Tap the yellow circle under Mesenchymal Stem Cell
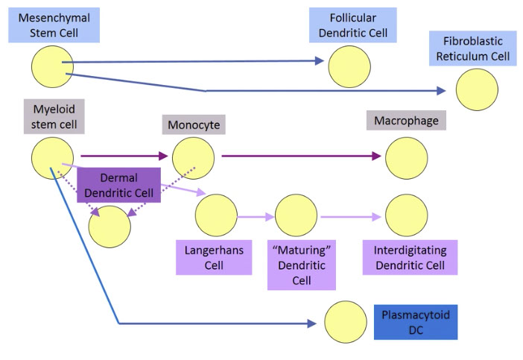point(53,66)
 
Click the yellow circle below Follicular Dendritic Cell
point(349,66)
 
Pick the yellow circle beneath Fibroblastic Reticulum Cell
point(477,89)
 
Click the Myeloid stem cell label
point(53,116)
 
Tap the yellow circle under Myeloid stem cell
point(53,157)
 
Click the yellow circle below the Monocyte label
point(193,157)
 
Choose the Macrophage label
point(406,120)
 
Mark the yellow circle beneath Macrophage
point(406,157)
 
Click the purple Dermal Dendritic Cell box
point(119,185)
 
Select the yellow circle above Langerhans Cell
point(216,215)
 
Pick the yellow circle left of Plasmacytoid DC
point(346,323)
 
